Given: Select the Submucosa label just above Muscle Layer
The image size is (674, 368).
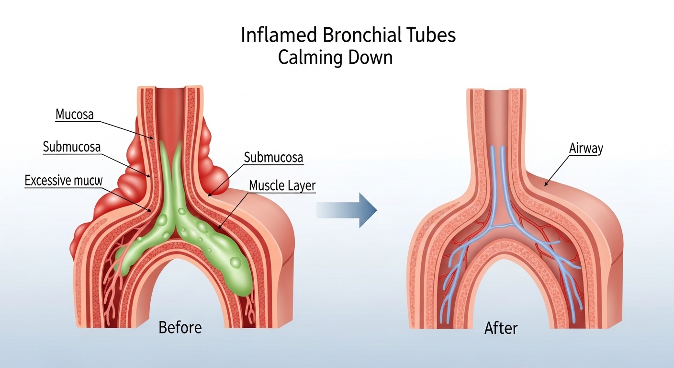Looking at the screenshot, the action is [273, 158].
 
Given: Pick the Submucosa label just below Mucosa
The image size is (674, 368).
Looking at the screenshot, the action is [72, 147].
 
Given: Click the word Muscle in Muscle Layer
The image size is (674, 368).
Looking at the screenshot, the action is [267, 185].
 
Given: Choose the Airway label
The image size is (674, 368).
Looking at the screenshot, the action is [586, 149].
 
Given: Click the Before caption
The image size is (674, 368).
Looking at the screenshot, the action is [180, 328].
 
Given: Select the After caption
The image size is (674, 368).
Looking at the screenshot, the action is [501, 329].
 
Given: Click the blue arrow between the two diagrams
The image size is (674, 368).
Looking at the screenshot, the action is [347, 209].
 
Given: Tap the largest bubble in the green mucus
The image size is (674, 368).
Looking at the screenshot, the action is [235, 262].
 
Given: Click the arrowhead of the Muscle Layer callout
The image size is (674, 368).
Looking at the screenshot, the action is [219, 228].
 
